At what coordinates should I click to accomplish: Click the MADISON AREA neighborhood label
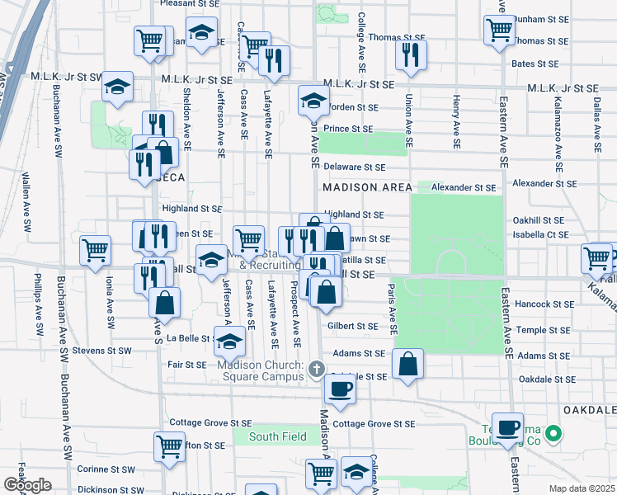[x=367, y=188]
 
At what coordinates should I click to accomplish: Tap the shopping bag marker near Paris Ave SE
[x=408, y=362]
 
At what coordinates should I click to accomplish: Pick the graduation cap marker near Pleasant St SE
[x=200, y=32]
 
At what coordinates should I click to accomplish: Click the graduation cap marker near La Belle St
[x=229, y=340]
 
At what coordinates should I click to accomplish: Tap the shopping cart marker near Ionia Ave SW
[x=96, y=249]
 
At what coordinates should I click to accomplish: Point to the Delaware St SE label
[x=356, y=167]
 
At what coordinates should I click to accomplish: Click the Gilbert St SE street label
[x=352, y=326]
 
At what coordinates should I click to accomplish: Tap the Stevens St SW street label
[x=101, y=351]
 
